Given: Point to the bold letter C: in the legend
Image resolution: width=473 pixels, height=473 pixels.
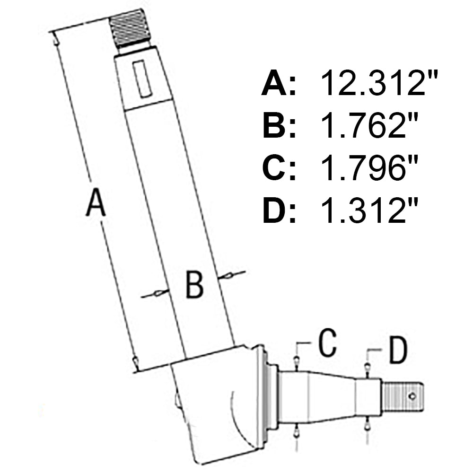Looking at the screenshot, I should click(279, 168).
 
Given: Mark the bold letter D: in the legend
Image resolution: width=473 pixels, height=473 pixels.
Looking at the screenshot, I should click(279, 210).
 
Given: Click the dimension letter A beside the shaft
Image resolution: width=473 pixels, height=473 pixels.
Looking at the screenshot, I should click(95, 202).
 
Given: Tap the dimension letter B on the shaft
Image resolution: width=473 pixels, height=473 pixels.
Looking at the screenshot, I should click(194, 285).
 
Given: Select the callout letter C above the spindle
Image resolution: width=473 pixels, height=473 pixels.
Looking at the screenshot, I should click(327, 343).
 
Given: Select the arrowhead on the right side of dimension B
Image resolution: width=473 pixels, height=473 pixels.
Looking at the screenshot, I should click(227, 275).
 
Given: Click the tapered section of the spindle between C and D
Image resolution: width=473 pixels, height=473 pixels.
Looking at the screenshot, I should click(331, 396).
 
